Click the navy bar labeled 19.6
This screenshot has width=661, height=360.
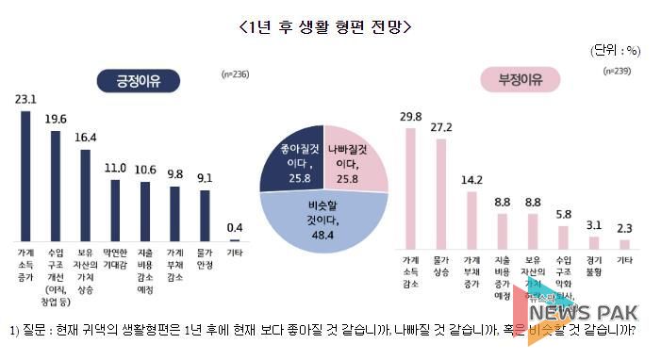[56, 186]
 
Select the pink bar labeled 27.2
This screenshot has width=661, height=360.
[440, 189]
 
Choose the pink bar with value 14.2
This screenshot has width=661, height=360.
[471, 216]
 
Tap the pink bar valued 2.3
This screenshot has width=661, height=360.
[623, 239]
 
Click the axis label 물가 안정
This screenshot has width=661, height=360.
[204, 258]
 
